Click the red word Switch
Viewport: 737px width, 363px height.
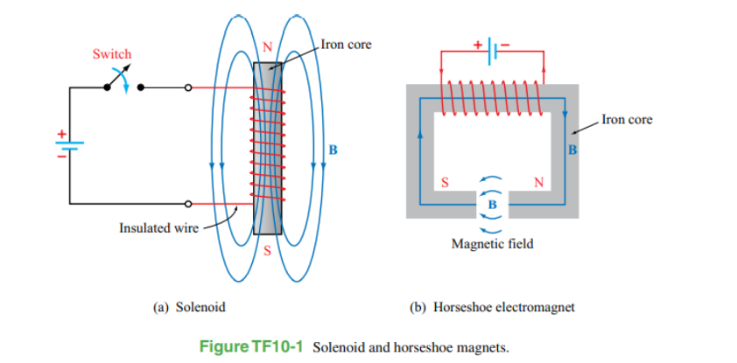(x=112, y=54)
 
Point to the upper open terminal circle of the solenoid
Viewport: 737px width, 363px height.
(x=188, y=87)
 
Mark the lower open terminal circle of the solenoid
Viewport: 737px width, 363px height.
(x=188, y=205)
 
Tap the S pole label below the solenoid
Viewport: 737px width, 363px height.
(x=269, y=252)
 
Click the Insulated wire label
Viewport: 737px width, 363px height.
(x=158, y=228)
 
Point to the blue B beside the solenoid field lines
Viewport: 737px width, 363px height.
(x=332, y=149)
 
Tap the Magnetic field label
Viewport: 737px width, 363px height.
(x=492, y=244)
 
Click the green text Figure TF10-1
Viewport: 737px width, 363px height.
(x=251, y=347)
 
